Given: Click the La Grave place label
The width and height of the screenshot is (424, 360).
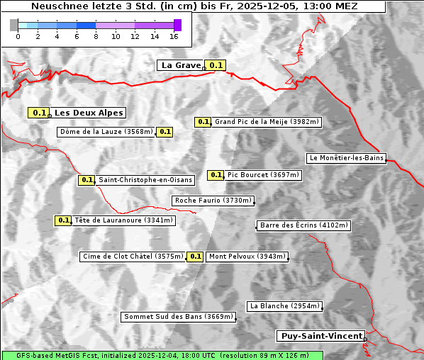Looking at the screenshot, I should pos(181,65).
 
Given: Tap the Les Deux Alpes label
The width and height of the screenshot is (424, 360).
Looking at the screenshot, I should pos(89,113).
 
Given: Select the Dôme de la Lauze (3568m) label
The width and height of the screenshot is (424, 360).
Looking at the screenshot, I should pos(106,132).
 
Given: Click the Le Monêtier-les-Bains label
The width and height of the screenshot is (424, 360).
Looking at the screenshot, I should pos(346,158).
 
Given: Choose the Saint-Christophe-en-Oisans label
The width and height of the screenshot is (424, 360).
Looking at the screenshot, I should pos(145,180).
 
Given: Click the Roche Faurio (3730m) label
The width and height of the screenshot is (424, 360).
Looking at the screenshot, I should pos(213,201).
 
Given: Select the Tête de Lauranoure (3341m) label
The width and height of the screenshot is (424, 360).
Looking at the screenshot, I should pos(123,220).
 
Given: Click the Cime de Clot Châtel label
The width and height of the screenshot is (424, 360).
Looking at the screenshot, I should pos(133,257).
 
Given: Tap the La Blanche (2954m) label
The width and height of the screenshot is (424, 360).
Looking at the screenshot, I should pos(284,306).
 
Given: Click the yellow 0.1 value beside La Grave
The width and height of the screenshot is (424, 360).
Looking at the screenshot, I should pos(216,65).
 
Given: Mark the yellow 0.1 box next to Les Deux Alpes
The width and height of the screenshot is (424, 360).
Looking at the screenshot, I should pos(38,113).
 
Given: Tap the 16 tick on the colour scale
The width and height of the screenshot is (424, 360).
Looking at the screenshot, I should pos(174,35).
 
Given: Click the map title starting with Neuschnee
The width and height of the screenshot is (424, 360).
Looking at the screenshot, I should pos(194,6).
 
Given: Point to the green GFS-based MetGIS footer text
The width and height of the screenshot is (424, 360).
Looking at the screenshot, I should pos(162,355).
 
